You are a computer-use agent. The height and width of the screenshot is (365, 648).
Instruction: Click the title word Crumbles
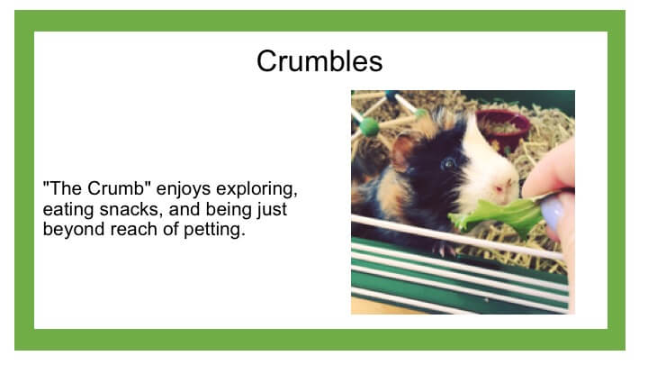tap(319, 61)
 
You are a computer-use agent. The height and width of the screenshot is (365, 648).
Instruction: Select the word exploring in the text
tap(256, 189)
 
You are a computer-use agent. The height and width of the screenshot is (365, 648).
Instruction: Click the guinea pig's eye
tap(448, 163)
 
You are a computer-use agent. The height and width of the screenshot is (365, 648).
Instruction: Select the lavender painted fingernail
tap(552, 213)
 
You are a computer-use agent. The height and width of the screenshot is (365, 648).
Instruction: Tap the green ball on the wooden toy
tap(369, 127)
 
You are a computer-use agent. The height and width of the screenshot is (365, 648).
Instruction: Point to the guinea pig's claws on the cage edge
tap(443, 249)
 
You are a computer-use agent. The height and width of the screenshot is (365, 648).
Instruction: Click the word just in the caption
tap(272, 210)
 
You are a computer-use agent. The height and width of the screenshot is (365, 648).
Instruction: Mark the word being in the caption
tap(229, 210)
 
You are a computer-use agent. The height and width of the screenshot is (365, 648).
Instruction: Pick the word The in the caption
tap(66, 188)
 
